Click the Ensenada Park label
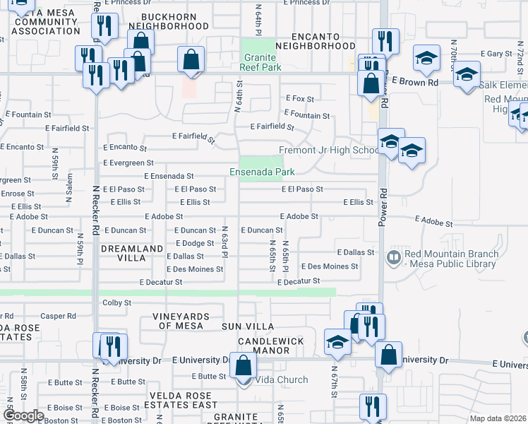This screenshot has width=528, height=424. (261, 172)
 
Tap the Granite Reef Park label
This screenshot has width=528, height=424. (263, 62)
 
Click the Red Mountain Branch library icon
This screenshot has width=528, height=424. (394, 258)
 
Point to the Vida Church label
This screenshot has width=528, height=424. (282, 379)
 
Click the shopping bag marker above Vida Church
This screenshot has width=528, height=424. (243, 367)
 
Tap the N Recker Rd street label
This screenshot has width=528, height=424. (94, 205)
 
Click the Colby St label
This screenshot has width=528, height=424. (117, 302)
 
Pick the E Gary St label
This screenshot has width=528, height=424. (496, 54)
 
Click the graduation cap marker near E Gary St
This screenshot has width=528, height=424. (426, 59)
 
